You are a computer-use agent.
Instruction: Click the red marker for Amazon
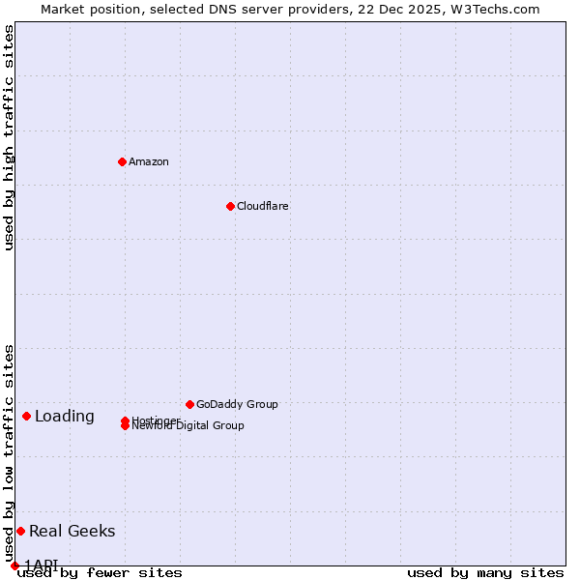122,161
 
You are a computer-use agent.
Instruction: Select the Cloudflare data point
230,206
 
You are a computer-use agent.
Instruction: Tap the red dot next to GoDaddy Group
189,404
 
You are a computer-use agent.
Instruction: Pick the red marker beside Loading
26,416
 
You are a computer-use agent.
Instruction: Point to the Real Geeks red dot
20,531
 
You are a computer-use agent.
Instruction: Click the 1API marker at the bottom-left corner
14,565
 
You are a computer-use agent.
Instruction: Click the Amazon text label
148,161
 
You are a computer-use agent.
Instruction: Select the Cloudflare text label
262,206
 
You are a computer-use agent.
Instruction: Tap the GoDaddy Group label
237,404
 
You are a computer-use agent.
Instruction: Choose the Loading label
65,417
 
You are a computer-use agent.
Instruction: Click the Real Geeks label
72,531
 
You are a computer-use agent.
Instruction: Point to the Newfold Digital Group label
188,426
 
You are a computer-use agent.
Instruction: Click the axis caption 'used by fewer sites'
100,572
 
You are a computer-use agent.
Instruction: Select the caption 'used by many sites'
485,572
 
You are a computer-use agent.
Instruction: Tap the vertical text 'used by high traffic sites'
9,137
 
